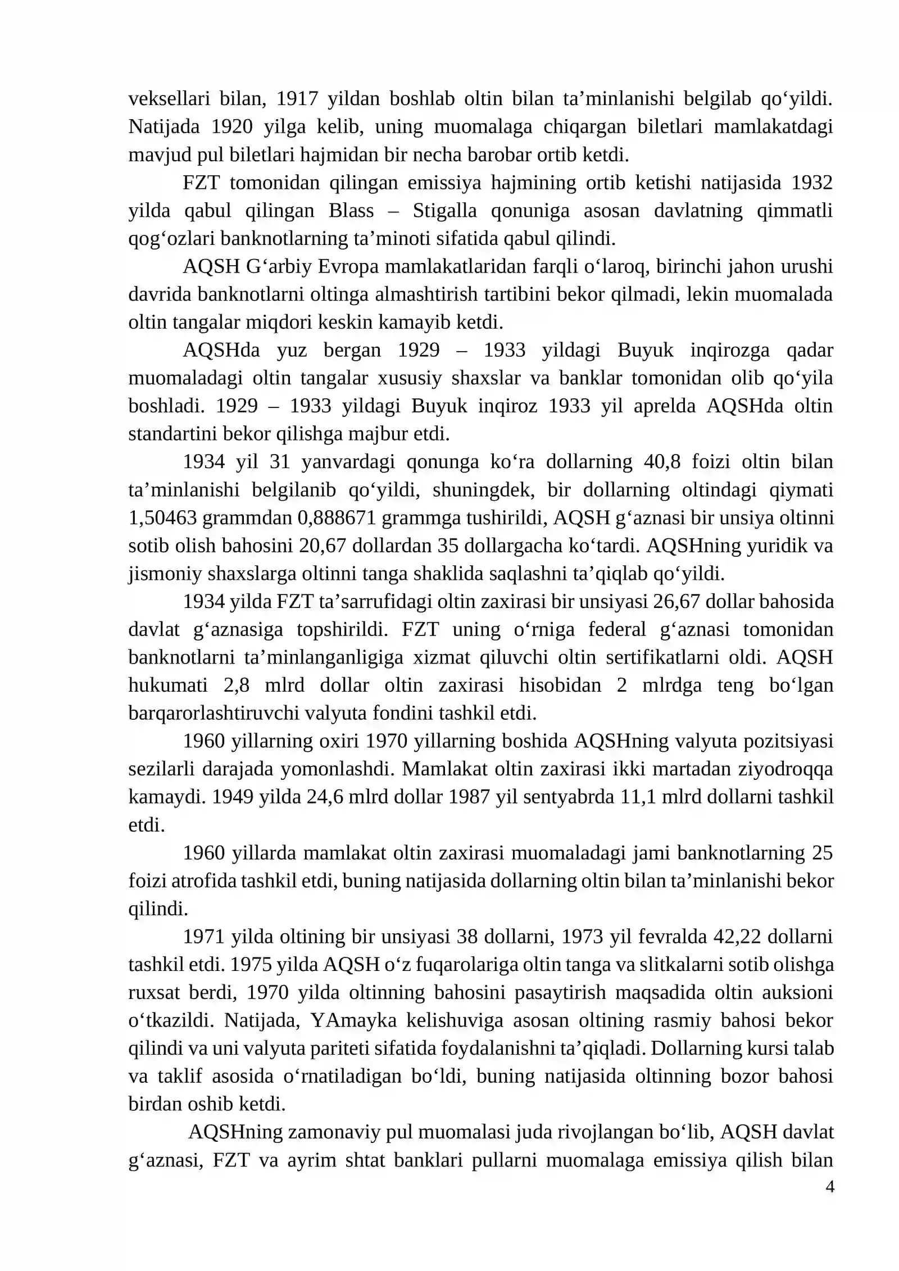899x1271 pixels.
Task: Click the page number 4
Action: click(x=829, y=1187)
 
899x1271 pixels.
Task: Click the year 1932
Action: click(x=811, y=183)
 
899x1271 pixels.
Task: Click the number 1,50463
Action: click(x=162, y=518)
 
